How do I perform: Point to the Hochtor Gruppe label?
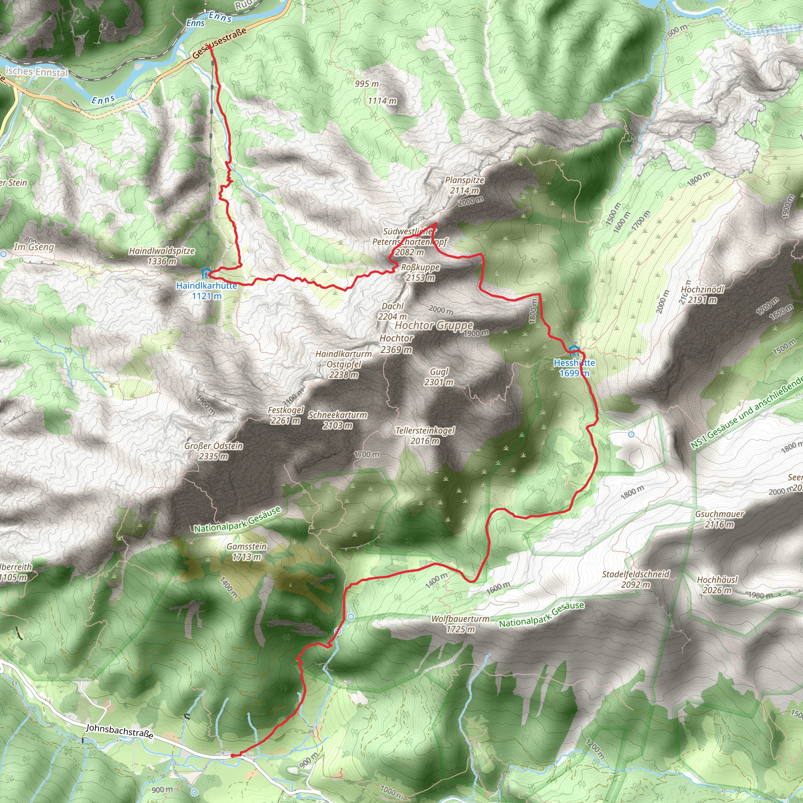tap(434, 325)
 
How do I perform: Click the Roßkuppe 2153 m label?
tap(420, 272)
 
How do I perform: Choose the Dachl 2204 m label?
tap(392, 311)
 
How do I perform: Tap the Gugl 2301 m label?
tap(439, 376)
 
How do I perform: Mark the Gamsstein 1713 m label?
tap(247, 551)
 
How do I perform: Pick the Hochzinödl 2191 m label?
tap(702, 294)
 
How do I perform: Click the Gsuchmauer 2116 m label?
tap(719, 519)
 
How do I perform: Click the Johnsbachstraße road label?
tap(119, 730)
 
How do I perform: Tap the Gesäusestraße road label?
tap(220, 42)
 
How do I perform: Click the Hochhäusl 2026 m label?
tap(717, 584)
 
